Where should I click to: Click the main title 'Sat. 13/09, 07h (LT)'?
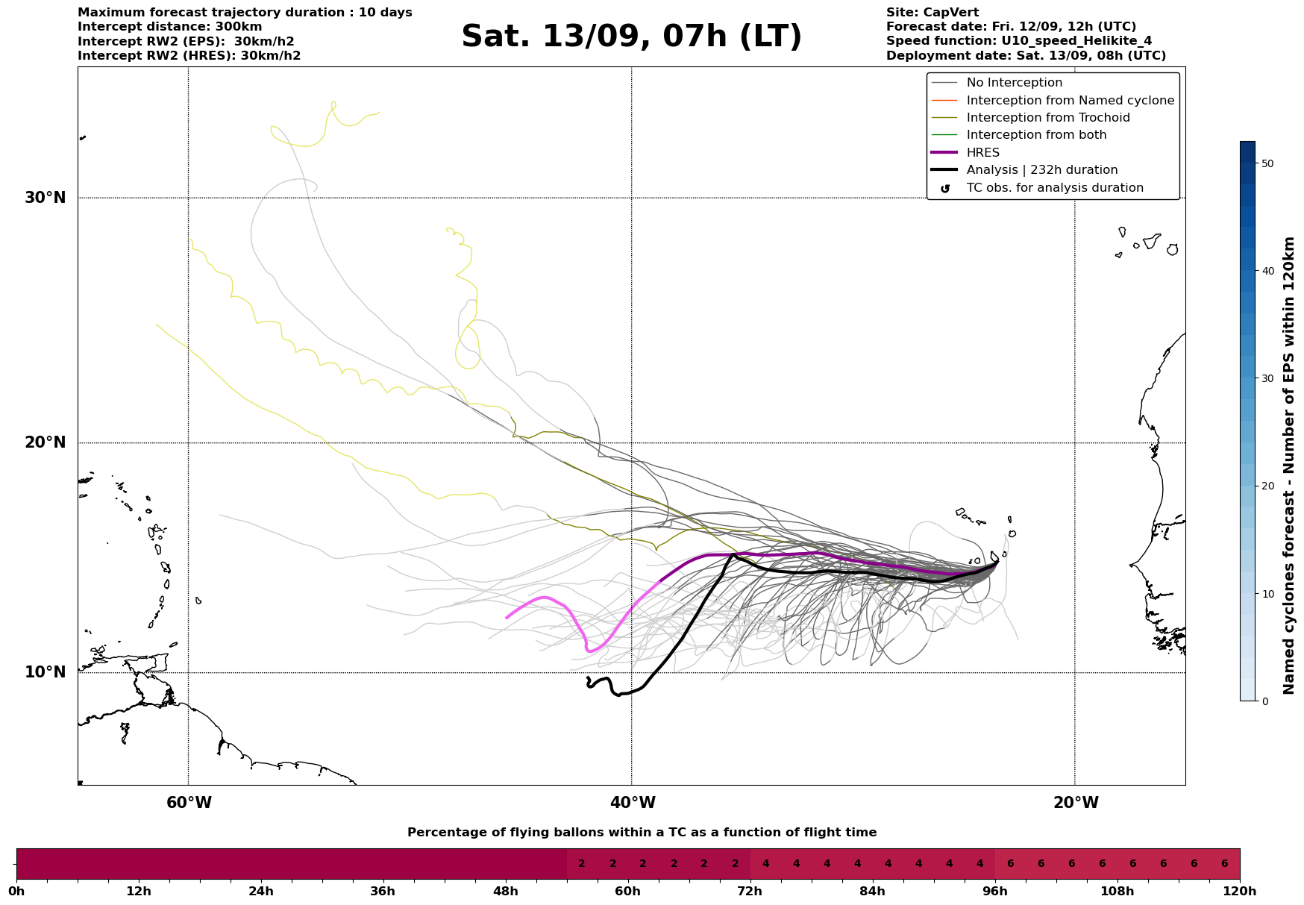click(631, 37)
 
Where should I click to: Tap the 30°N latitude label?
click(46, 198)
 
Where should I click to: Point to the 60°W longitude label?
click(189, 803)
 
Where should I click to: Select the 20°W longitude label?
click(1075, 803)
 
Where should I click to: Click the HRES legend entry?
click(982, 153)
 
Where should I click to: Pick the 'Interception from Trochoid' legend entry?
click(1047, 118)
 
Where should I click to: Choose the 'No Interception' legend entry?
click(1014, 83)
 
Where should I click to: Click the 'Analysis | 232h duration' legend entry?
click(1041, 170)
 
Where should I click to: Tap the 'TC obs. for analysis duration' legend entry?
click(1054, 188)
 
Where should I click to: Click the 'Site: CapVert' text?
click(932, 13)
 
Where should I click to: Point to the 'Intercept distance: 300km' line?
click(169, 27)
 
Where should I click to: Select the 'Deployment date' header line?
click(1026, 56)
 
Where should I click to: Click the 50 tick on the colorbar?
click(1266, 163)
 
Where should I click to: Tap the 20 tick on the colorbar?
click(1266, 486)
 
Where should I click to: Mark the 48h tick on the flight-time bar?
click(506, 891)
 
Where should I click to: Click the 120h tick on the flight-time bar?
click(1240, 891)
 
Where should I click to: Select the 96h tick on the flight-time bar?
click(995, 891)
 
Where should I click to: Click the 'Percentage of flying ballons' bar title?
click(642, 833)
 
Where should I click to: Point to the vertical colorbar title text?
click(1288, 466)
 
